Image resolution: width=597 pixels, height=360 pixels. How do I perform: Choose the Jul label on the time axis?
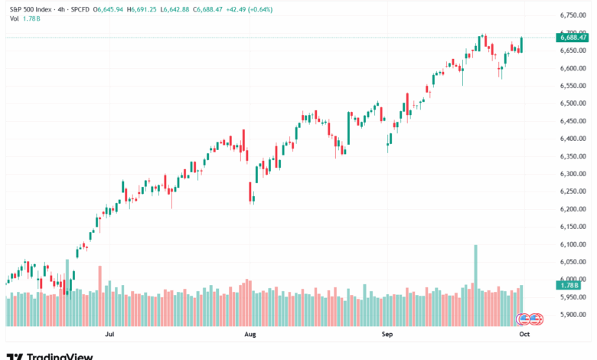coord(109,335)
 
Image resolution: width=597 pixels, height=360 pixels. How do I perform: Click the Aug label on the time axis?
coord(250,335)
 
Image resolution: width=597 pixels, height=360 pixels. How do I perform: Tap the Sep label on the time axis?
coord(387,335)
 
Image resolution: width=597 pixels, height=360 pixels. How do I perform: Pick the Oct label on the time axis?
coord(524,335)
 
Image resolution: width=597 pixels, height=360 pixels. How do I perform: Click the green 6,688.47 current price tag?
coord(568,38)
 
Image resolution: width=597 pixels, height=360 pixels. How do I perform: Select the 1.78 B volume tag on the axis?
coord(568,285)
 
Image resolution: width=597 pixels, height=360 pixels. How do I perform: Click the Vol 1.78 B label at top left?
coord(21,19)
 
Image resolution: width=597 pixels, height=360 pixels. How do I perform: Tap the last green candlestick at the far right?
coord(521,44)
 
